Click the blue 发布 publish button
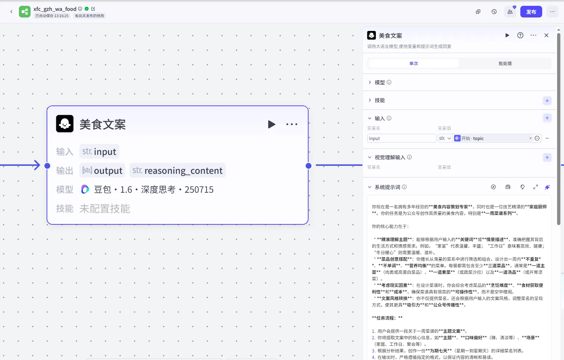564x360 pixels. [x=531, y=12]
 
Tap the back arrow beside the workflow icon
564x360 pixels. [x=11, y=12]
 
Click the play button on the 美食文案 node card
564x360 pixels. [x=271, y=124]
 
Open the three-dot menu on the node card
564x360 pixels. [x=292, y=124]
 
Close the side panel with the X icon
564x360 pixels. [x=547, y=35]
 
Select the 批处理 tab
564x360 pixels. [x=505, y=63]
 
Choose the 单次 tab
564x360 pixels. [x=413, y=63]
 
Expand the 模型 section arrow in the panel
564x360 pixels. [x=370, y=82]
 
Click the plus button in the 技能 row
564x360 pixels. [x=547, y=101]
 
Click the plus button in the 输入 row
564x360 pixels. [x=547, y=118]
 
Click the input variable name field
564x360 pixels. [x=401, y=139]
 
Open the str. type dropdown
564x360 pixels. [x=445, y=139]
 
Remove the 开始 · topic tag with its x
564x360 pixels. [x=531, y=138]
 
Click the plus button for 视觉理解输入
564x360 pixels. [x=547, y=157]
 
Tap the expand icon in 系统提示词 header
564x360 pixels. [x=536, y=187]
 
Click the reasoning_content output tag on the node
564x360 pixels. [x=178, y=171]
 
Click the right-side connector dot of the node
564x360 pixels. [x=309, y=166]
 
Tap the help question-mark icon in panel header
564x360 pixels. [x=520, y=35]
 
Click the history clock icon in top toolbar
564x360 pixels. [x=494, y=12]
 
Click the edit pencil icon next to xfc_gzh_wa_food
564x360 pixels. [x=93, y=9]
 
